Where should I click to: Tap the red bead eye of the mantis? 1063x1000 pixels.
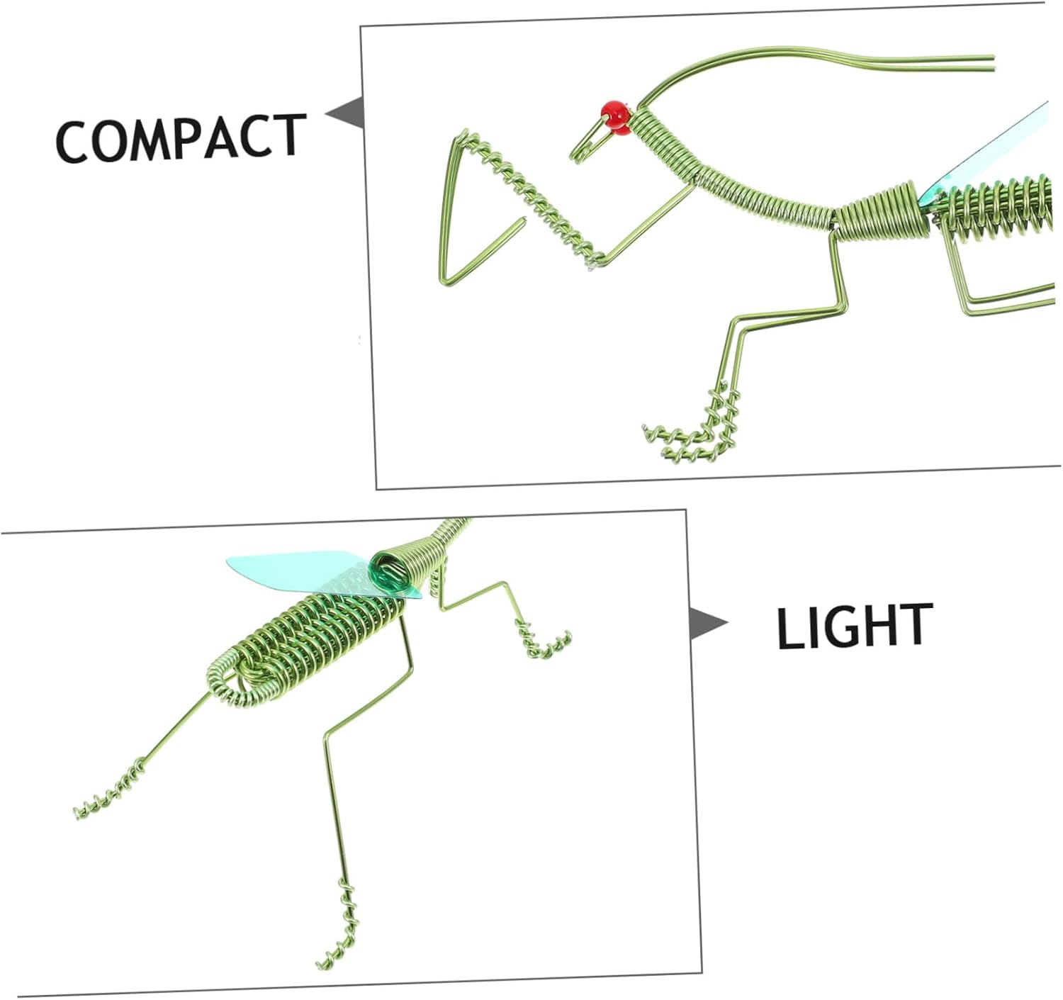pyautogui.click(x=617, y=117)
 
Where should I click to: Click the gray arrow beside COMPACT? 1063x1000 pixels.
pyautogui.click(x=346, y=113)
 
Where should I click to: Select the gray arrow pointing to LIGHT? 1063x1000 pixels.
pyautogui.click(x=707, y=623)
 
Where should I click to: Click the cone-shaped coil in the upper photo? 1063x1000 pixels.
pyautogui.click(x=882, y=213)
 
